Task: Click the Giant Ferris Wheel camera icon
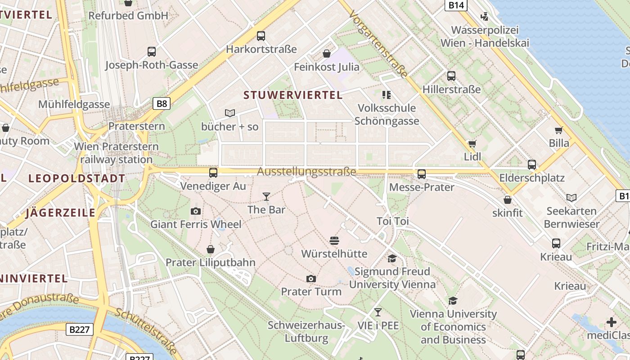(x=195, y=211)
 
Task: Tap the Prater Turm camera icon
(x=311, y=279)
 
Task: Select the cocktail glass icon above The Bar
(x=266, y=197)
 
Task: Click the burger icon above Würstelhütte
(x=334, y=241)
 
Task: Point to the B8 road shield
(x=162, y=104)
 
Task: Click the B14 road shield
(x=456, y=5)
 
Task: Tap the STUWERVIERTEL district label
(x=293, y=95)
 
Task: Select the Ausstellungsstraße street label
(x=306, y=171)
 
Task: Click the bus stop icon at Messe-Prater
(x=422, y=174)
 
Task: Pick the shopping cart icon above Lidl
(x=472, y=144)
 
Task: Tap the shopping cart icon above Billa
(x=559, y=130)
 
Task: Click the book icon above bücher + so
(x=230, y=113)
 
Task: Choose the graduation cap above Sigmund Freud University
(x=392, y=258)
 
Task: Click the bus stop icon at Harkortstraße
(x=261, y=36)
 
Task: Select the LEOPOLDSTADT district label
(x=76, y=178)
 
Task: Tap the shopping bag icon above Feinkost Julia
(x=327, y=54)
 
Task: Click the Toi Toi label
(x=392, y=221)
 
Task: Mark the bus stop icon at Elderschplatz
(x=532, y=165)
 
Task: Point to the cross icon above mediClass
(x=612, y=322)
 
